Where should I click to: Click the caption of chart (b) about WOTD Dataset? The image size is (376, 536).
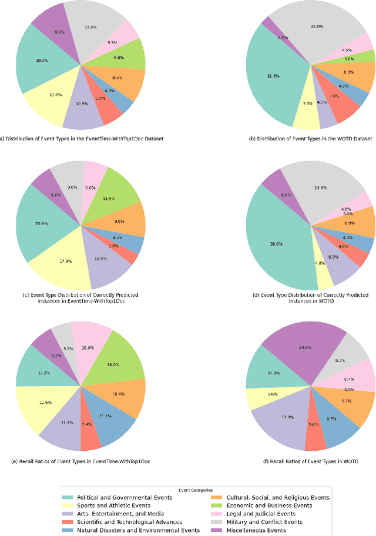[x=311, y=139]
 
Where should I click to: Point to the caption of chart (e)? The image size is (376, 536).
[x=80, y=460]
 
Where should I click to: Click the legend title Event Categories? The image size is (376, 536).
[x=194, y=490]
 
